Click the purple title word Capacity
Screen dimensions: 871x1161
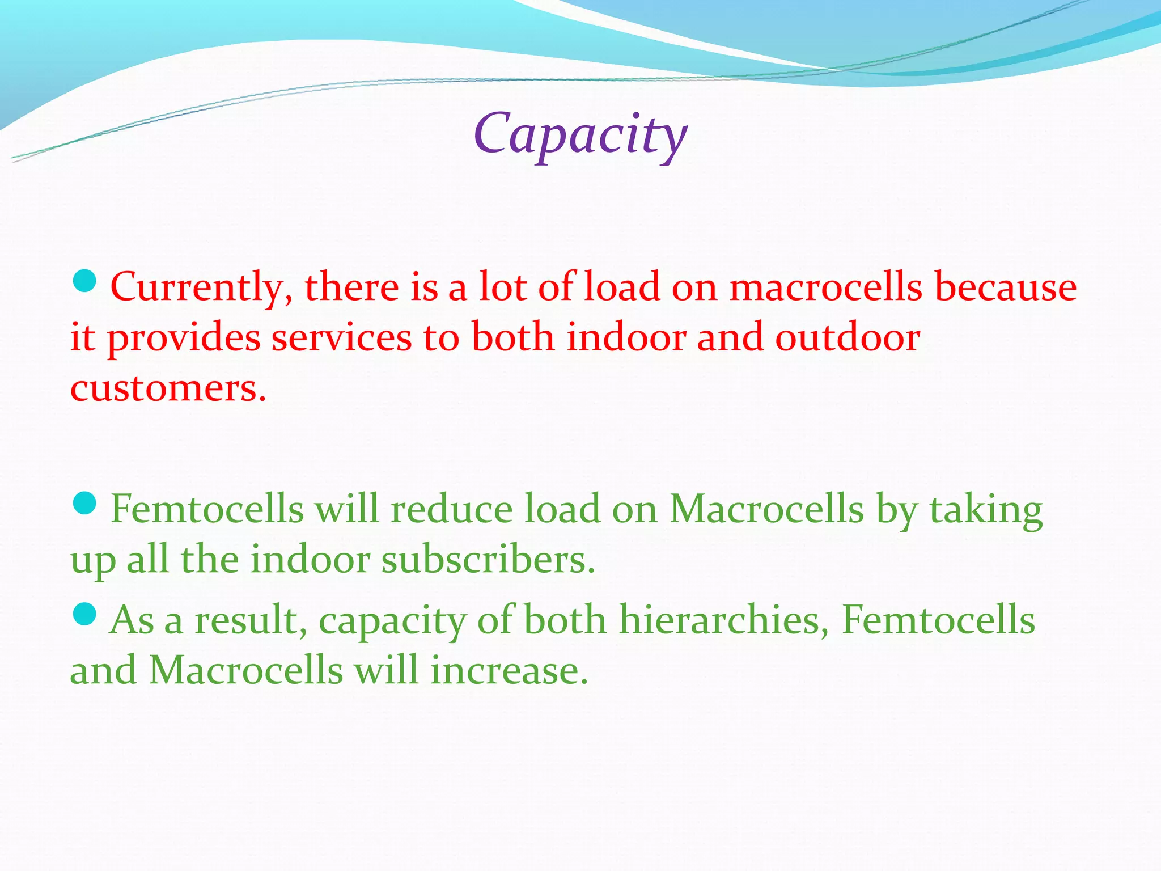(x=580, y=135)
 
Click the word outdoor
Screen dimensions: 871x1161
(x=847, y=338)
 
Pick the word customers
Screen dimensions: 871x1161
(x=168, y=389)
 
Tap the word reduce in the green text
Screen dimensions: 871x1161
(x=451, y=509)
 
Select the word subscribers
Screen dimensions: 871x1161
(x=488, y=560)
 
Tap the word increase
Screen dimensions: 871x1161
(x=509, y=671)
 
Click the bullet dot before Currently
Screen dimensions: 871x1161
(x=85, y=281)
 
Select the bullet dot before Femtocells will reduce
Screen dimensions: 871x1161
(x=85, y=503)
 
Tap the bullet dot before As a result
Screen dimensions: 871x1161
(x=85, y=614)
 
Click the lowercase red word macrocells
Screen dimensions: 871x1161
(x=826, y=286)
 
